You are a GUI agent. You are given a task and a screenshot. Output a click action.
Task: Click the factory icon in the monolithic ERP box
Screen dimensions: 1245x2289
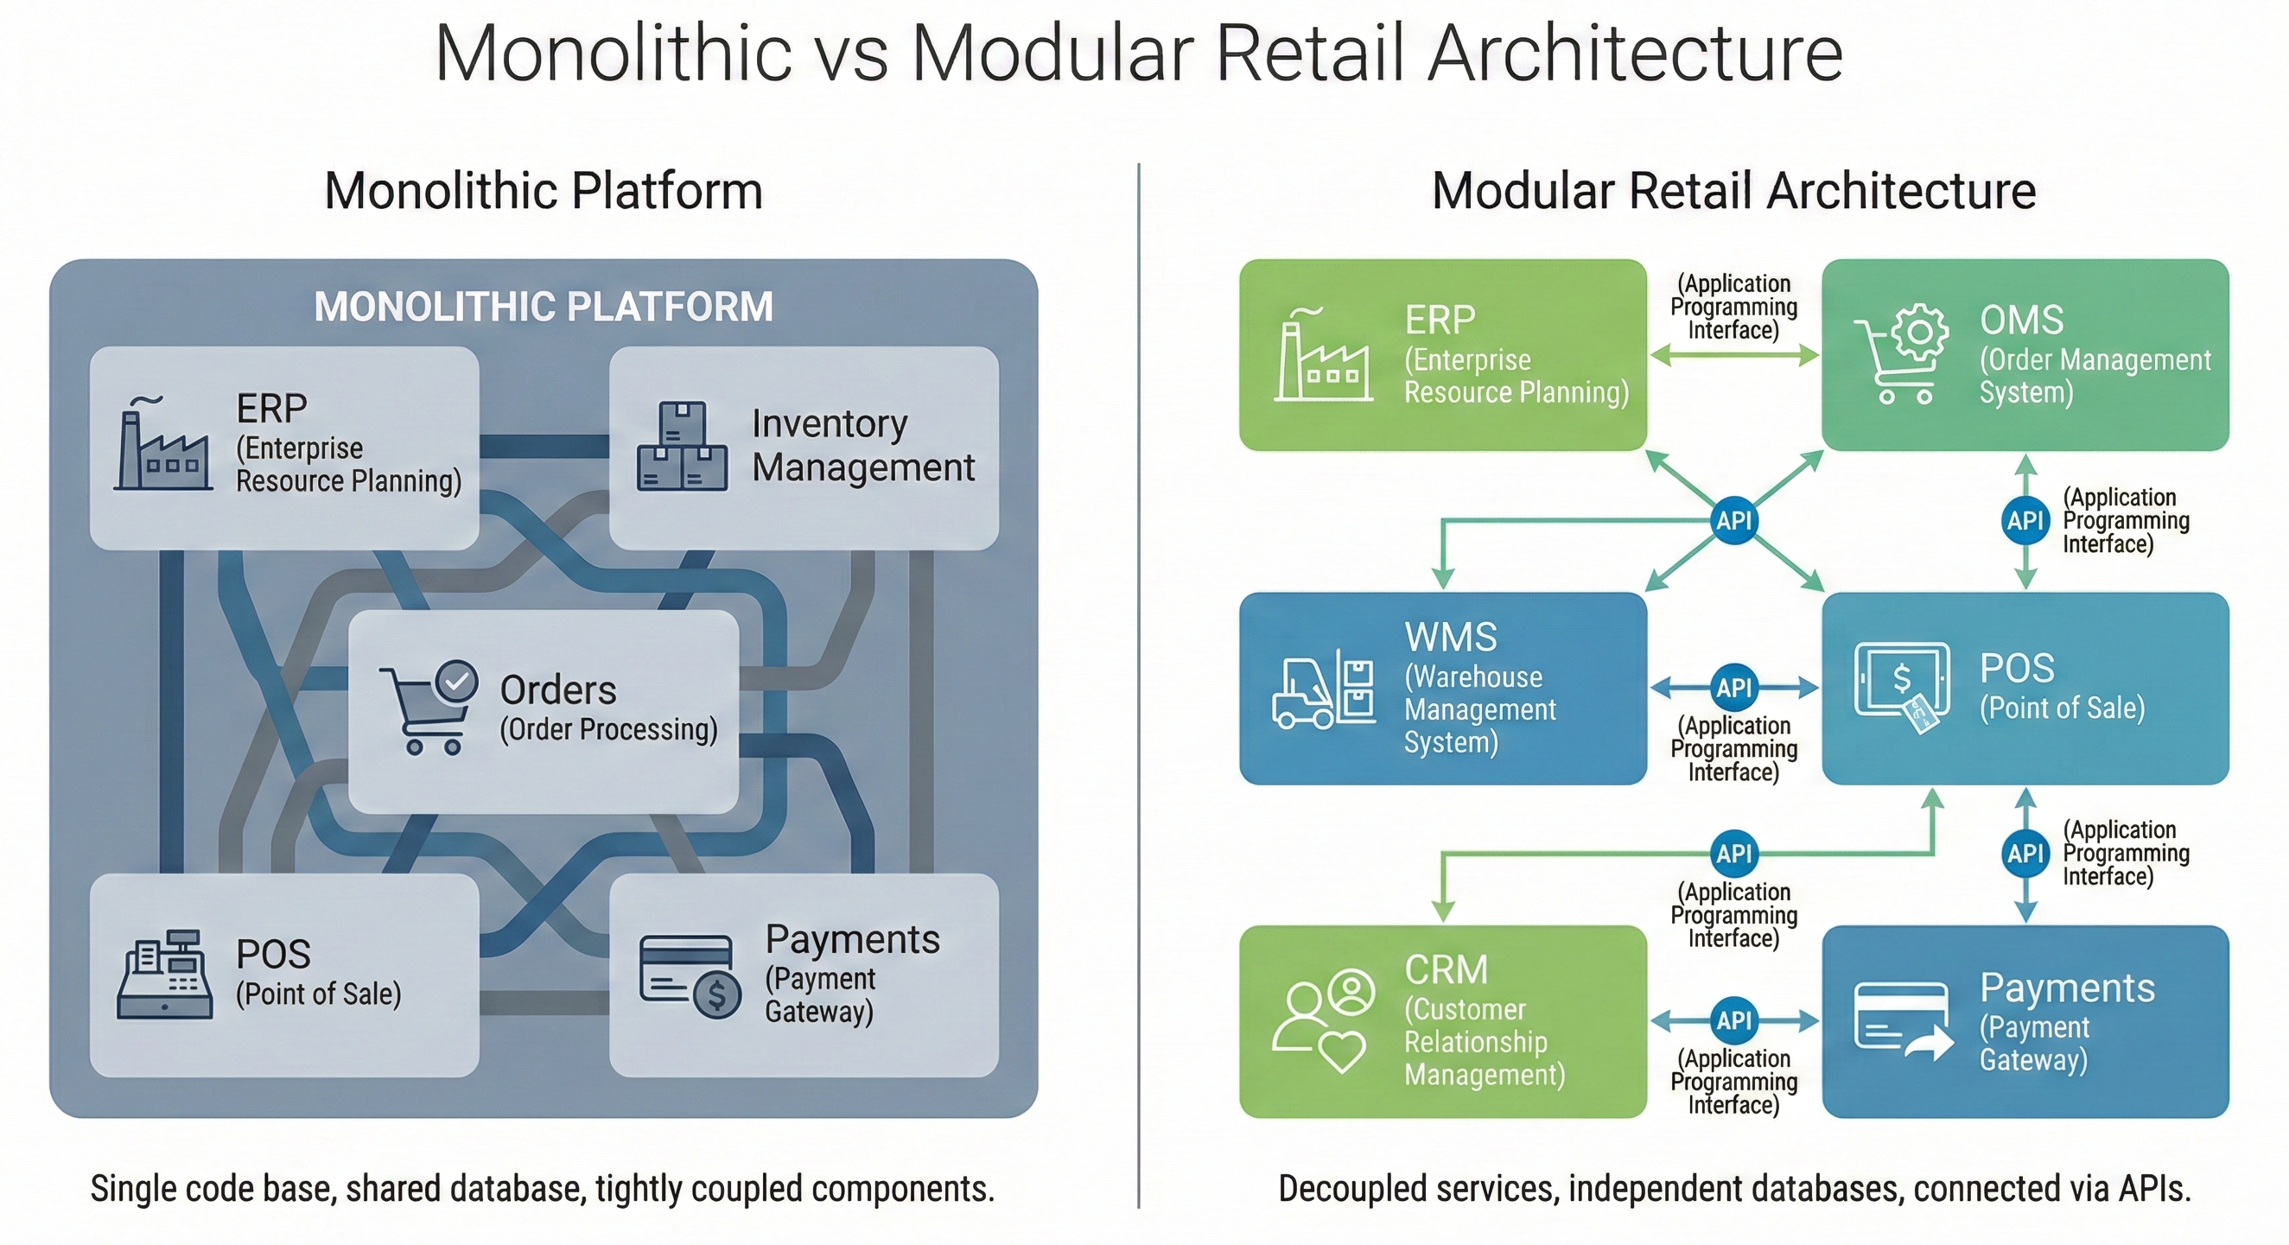tap(163, 444)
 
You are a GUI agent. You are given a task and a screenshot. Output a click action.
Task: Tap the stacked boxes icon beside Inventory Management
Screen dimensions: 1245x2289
tap(682, 447)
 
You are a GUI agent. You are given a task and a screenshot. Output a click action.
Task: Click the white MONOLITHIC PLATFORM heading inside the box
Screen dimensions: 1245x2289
tap(543, 307)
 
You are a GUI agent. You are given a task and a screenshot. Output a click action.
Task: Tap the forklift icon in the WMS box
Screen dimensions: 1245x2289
tap(1323, 689)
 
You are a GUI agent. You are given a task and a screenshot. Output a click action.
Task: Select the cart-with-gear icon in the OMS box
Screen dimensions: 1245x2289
tap(1901, 354)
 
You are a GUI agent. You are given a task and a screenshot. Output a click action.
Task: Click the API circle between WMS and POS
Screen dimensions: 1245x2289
tap(1733, 687)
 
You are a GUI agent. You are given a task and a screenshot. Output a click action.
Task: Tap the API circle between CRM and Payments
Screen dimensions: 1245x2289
tap(1733, 1020)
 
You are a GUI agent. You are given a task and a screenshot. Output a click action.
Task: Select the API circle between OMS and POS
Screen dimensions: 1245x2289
tap(2025, 521)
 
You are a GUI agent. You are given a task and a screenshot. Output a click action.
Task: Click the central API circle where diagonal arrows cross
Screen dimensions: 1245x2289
tap(1733, 521)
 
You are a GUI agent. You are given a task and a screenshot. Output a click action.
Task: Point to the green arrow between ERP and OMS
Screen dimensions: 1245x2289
tap(1733, 356)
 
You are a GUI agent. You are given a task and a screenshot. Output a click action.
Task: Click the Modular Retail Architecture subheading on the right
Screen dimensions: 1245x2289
tap(1733, 191)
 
